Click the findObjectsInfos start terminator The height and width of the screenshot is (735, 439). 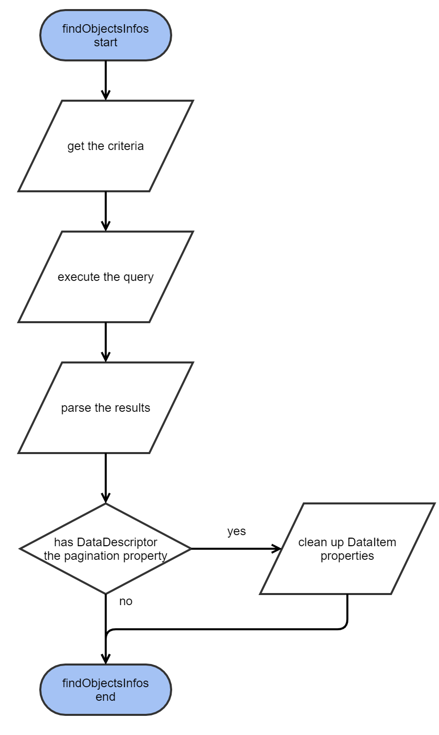[105, 35]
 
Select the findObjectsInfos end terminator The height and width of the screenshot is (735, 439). [105, 690]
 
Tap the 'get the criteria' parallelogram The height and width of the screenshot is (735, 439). [105, 146]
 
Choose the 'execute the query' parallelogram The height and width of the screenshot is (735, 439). [105, 277]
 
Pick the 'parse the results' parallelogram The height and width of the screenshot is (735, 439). [105, 408]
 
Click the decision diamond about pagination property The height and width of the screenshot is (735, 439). [105, 549]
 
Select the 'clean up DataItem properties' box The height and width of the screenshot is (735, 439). [347, 549]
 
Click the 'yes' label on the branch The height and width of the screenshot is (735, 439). [236, 532]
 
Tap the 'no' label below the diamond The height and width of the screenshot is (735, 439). [125, 602]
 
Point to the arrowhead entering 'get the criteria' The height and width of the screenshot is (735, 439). [105, 95]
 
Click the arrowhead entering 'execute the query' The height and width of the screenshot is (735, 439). [105, 226]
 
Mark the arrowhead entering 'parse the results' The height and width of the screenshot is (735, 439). [105, 357]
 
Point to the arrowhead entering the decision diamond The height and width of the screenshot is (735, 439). [105, 498]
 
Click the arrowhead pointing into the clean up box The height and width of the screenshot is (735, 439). [276, 549]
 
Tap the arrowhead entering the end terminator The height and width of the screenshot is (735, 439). [105, 659]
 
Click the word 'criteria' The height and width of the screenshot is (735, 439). [125, 146]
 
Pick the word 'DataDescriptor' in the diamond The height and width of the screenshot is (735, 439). [117, 542]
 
